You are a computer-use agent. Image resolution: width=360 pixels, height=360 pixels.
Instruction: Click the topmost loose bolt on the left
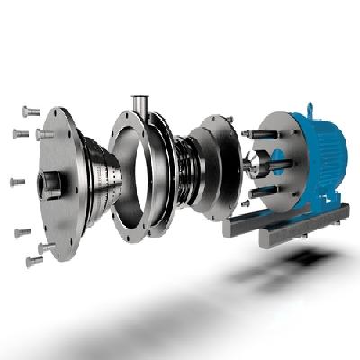click(x=26, y=112)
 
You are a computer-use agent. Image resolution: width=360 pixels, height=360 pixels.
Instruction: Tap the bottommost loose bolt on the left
click(x=33, y=262)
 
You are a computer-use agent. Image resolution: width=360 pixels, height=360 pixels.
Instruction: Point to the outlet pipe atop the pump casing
click(x=140, y=107)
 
